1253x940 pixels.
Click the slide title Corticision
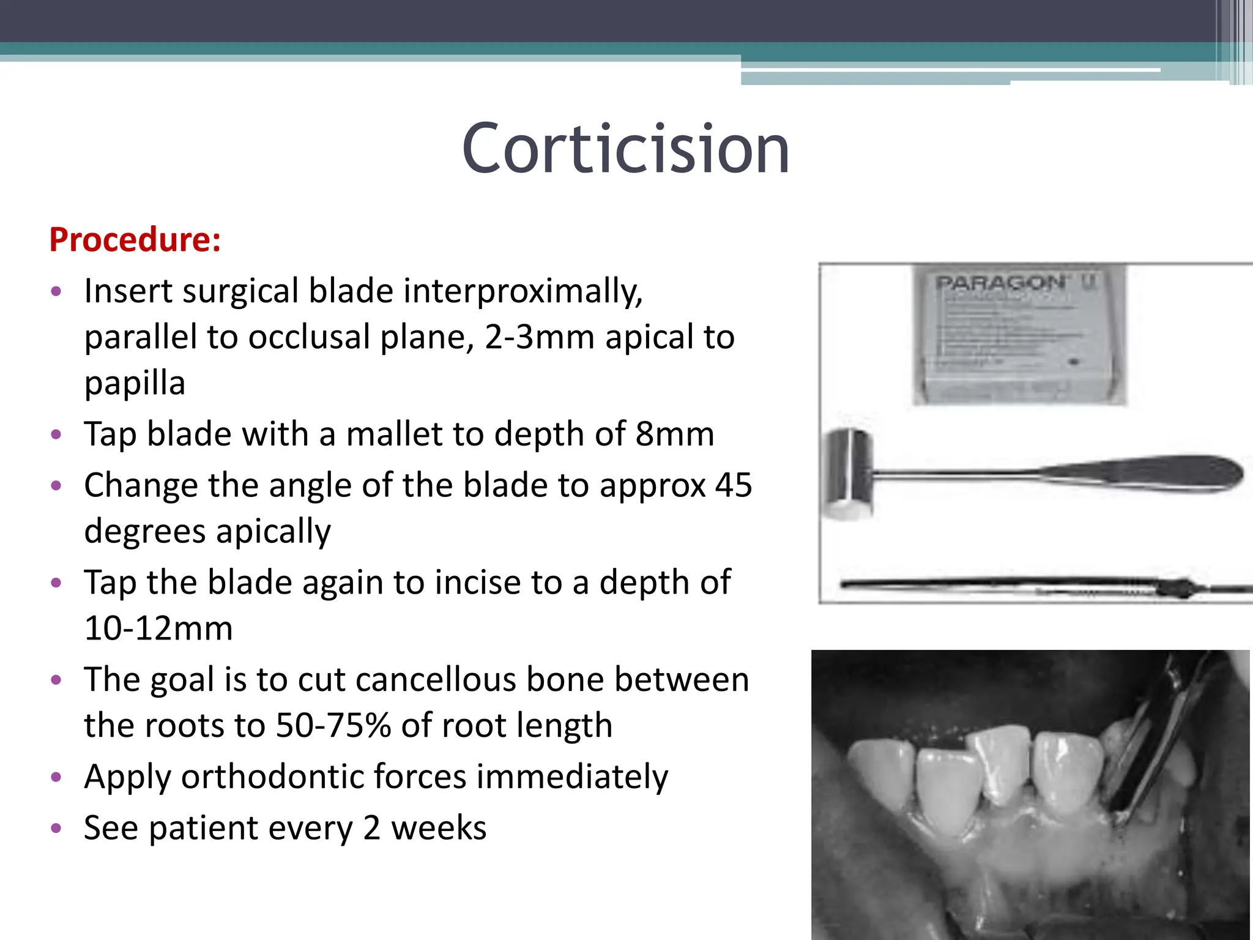(625, 149)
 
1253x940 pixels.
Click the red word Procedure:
(135, 239)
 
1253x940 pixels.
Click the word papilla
(135, 384)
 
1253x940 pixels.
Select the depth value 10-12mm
(158, 629)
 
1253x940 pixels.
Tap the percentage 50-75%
(333, 726)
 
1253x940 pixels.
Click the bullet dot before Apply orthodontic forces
(56, 777)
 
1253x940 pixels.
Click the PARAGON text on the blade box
(1001, 283)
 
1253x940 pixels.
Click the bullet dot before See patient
(56, 829)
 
